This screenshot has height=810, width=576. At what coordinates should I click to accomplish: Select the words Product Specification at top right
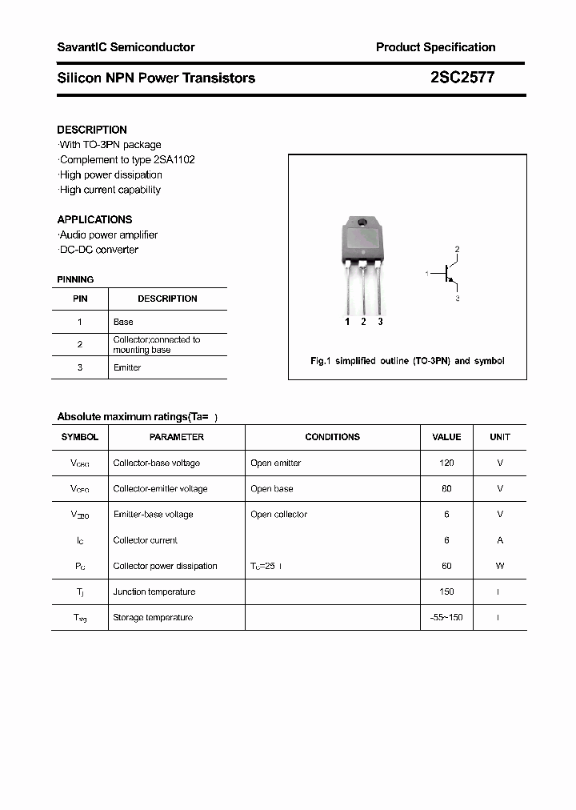435,47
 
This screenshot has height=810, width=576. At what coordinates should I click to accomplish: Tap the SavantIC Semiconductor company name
126,47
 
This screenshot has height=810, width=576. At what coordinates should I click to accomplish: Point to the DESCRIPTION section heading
92,130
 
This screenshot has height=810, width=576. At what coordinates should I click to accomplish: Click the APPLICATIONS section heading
94,219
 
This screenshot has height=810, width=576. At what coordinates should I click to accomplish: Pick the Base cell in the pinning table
123,322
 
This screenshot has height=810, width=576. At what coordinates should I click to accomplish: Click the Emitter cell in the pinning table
127,367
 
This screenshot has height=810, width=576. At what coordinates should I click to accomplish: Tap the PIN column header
80,299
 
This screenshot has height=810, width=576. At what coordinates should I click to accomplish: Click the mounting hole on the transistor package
362,222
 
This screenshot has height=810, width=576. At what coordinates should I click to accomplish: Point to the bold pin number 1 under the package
347,322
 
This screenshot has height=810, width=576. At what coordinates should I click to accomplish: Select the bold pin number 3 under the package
380,322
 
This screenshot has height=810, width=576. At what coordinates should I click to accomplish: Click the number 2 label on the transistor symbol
458,250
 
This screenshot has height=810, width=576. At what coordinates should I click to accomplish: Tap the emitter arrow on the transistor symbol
454,282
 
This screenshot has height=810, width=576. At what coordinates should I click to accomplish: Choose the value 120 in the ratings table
446,463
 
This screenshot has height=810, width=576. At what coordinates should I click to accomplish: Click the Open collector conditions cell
278,514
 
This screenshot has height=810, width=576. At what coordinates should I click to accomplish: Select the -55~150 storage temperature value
446,617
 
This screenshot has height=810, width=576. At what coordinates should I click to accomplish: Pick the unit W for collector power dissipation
500,566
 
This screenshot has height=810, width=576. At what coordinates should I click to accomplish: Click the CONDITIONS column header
332,437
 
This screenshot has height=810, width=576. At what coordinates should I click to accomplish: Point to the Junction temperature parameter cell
154,591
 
